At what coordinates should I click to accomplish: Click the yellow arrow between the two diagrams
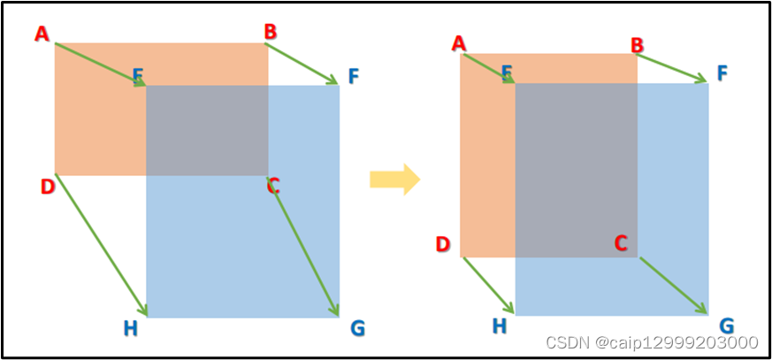[x=394, y=179]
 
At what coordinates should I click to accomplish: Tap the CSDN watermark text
[x=652, y=342]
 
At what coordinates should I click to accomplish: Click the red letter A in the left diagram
[x=41, y=34]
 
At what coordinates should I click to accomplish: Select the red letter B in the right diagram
[x=637, y=44]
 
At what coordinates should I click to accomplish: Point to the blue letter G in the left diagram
[x=357, y=329]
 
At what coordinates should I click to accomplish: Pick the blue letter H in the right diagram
[x=500, y=326]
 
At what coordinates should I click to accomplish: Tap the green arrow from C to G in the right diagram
[x=673, y=285]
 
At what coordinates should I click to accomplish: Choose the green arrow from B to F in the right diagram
[x=671, y=68]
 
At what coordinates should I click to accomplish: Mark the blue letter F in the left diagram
[x=354, y=77]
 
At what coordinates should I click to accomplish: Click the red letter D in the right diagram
[x=443, y=244]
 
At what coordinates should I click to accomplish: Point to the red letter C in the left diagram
[x=273, y=186]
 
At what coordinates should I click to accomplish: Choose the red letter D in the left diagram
[x=47, y=187]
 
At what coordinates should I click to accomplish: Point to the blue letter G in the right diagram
[x=726, y=326]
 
